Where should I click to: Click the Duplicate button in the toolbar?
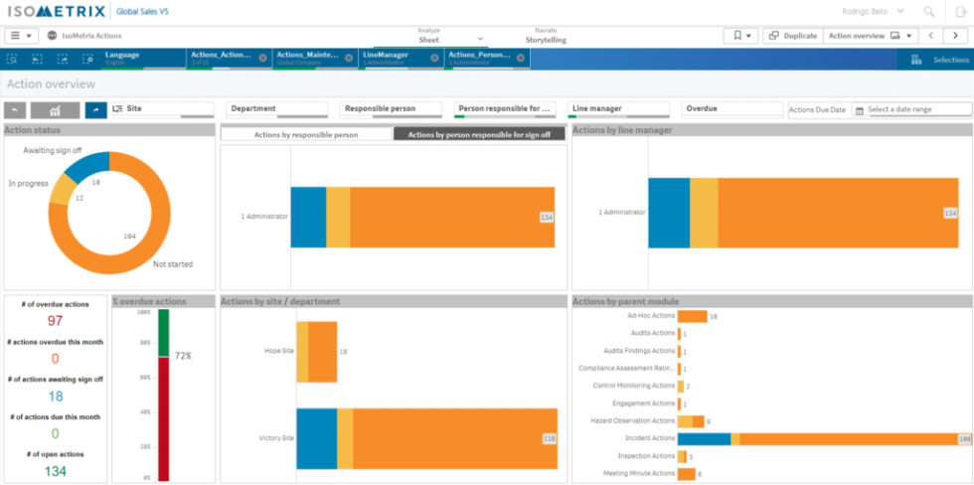[x=792, y=36]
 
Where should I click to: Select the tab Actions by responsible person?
[x=306, y=133]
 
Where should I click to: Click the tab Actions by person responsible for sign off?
[x=479, y=133]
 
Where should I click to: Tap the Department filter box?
[x=280, y=109]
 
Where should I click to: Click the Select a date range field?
[x=917, y=109]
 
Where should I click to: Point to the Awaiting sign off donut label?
[x=52, y=150]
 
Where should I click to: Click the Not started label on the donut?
[x=173, y=264]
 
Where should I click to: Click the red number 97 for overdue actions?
[x=56, y=321]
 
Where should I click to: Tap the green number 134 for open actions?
[x=56, y=471]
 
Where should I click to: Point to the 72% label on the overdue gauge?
[x=183, y=355]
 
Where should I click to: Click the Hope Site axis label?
[x=278, y=351]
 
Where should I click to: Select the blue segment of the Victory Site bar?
[x=316, y=438]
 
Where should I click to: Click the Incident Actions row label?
[x=649, y=438]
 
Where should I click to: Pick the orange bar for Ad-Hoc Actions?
[x=692, y=316]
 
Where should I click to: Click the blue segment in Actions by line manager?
[x=669, y=213]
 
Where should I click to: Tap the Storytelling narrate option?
[x=546, y=41]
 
